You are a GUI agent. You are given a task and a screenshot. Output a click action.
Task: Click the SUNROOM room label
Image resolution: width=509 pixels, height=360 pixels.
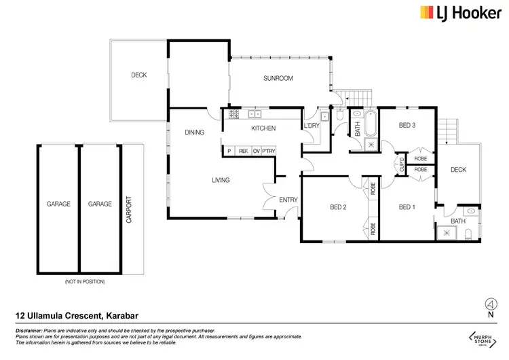pos(278,79)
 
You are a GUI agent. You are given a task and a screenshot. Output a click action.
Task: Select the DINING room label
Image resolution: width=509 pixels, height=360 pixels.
pos(194,132)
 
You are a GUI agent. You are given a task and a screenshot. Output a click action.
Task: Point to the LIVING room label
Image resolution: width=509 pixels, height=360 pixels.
pos(221,180)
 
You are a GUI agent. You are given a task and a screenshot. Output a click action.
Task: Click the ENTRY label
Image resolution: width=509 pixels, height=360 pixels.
pos(288,199)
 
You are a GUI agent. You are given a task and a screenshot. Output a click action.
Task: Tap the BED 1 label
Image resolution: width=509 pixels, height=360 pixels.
pos(407,207)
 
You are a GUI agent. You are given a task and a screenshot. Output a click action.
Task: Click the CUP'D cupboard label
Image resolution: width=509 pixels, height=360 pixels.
pos(400,163)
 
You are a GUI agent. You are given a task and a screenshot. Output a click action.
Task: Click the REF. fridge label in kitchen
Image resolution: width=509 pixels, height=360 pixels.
pos(242,151)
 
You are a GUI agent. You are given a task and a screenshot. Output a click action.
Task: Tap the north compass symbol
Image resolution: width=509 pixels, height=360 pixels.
pos(488,306)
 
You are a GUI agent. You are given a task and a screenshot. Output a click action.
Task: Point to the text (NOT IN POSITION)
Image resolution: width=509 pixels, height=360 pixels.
pos(85,281)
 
